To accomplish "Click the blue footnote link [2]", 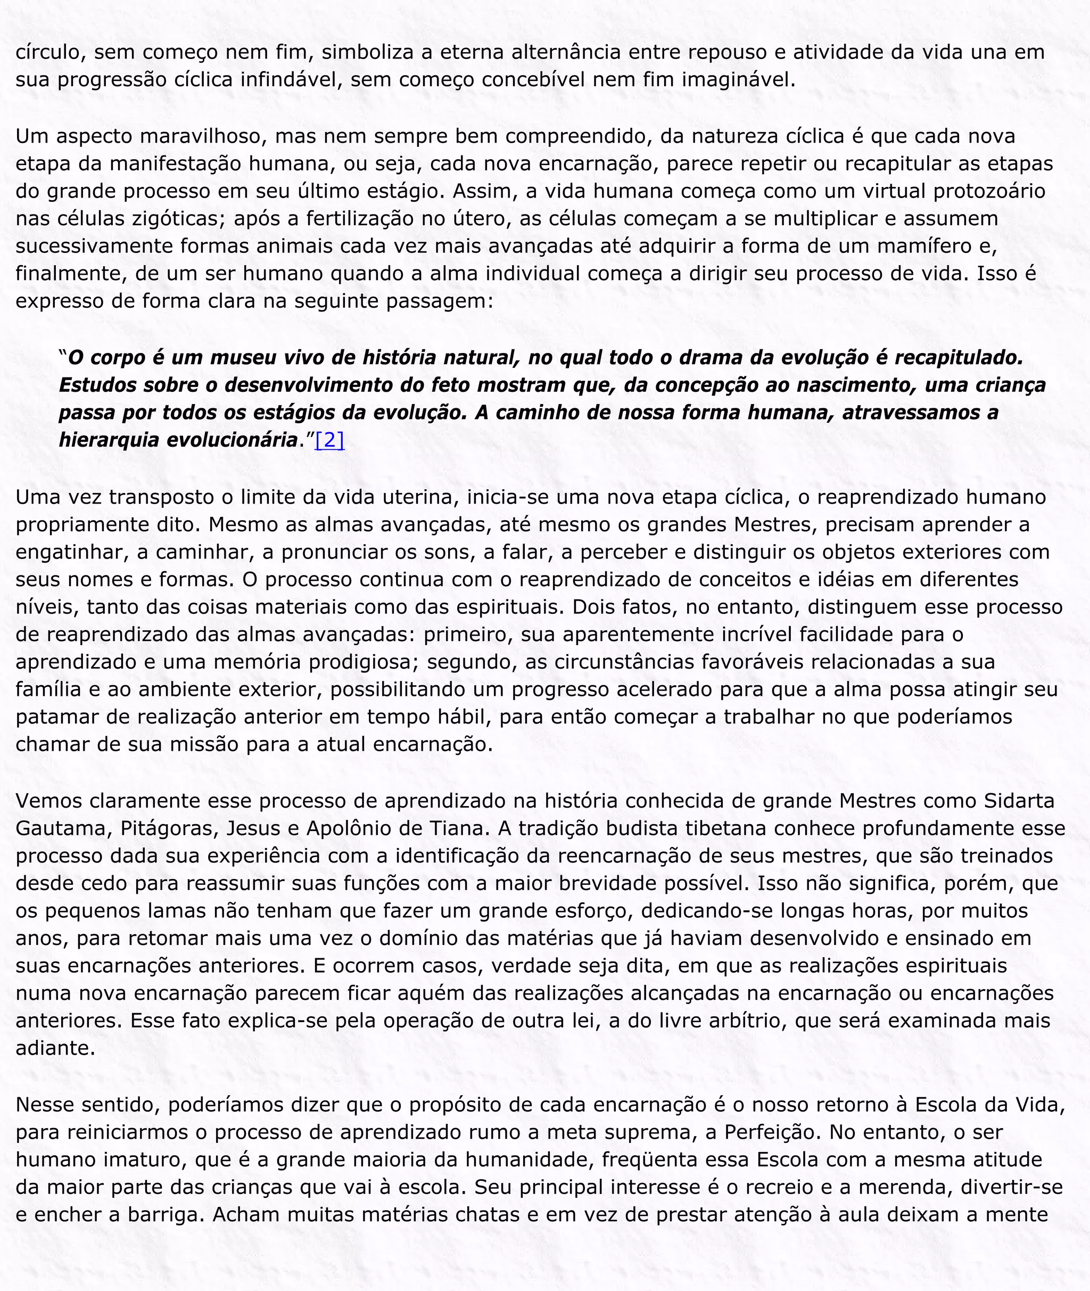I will point(329,440).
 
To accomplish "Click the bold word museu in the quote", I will point(243,357).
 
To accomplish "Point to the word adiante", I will point(55,1048).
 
